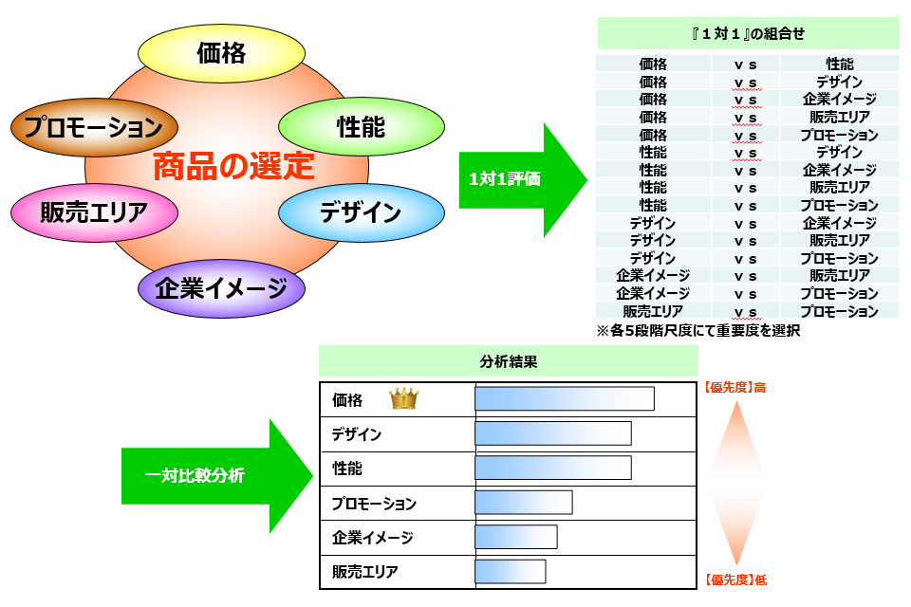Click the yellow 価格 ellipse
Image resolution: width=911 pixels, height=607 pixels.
pos(220,53)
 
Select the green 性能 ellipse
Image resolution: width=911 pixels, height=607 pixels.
pos(361,125)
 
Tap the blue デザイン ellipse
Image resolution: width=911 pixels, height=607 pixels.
pos(361,212)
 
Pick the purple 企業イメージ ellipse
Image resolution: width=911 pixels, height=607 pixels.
pos(221,288)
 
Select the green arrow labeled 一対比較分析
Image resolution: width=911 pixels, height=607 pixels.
pos(209,475)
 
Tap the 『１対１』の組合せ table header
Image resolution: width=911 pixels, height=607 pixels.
pos(748,33)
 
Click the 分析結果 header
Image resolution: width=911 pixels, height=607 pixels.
pos(508,361)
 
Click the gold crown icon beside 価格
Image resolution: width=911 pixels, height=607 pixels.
pos(403,399)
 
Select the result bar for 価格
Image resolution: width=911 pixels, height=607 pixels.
pos(564,399)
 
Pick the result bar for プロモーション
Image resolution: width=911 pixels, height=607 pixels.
pos(523,503)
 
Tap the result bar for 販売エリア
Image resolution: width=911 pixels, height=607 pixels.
pos(510,571)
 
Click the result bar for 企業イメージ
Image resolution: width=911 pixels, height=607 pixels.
pos(515,537)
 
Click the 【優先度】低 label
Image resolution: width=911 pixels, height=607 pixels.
pos(734,579)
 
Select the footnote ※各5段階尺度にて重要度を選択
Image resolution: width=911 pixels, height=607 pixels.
pos(697,331)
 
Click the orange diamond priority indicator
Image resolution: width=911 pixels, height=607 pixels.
pos(736,483)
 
